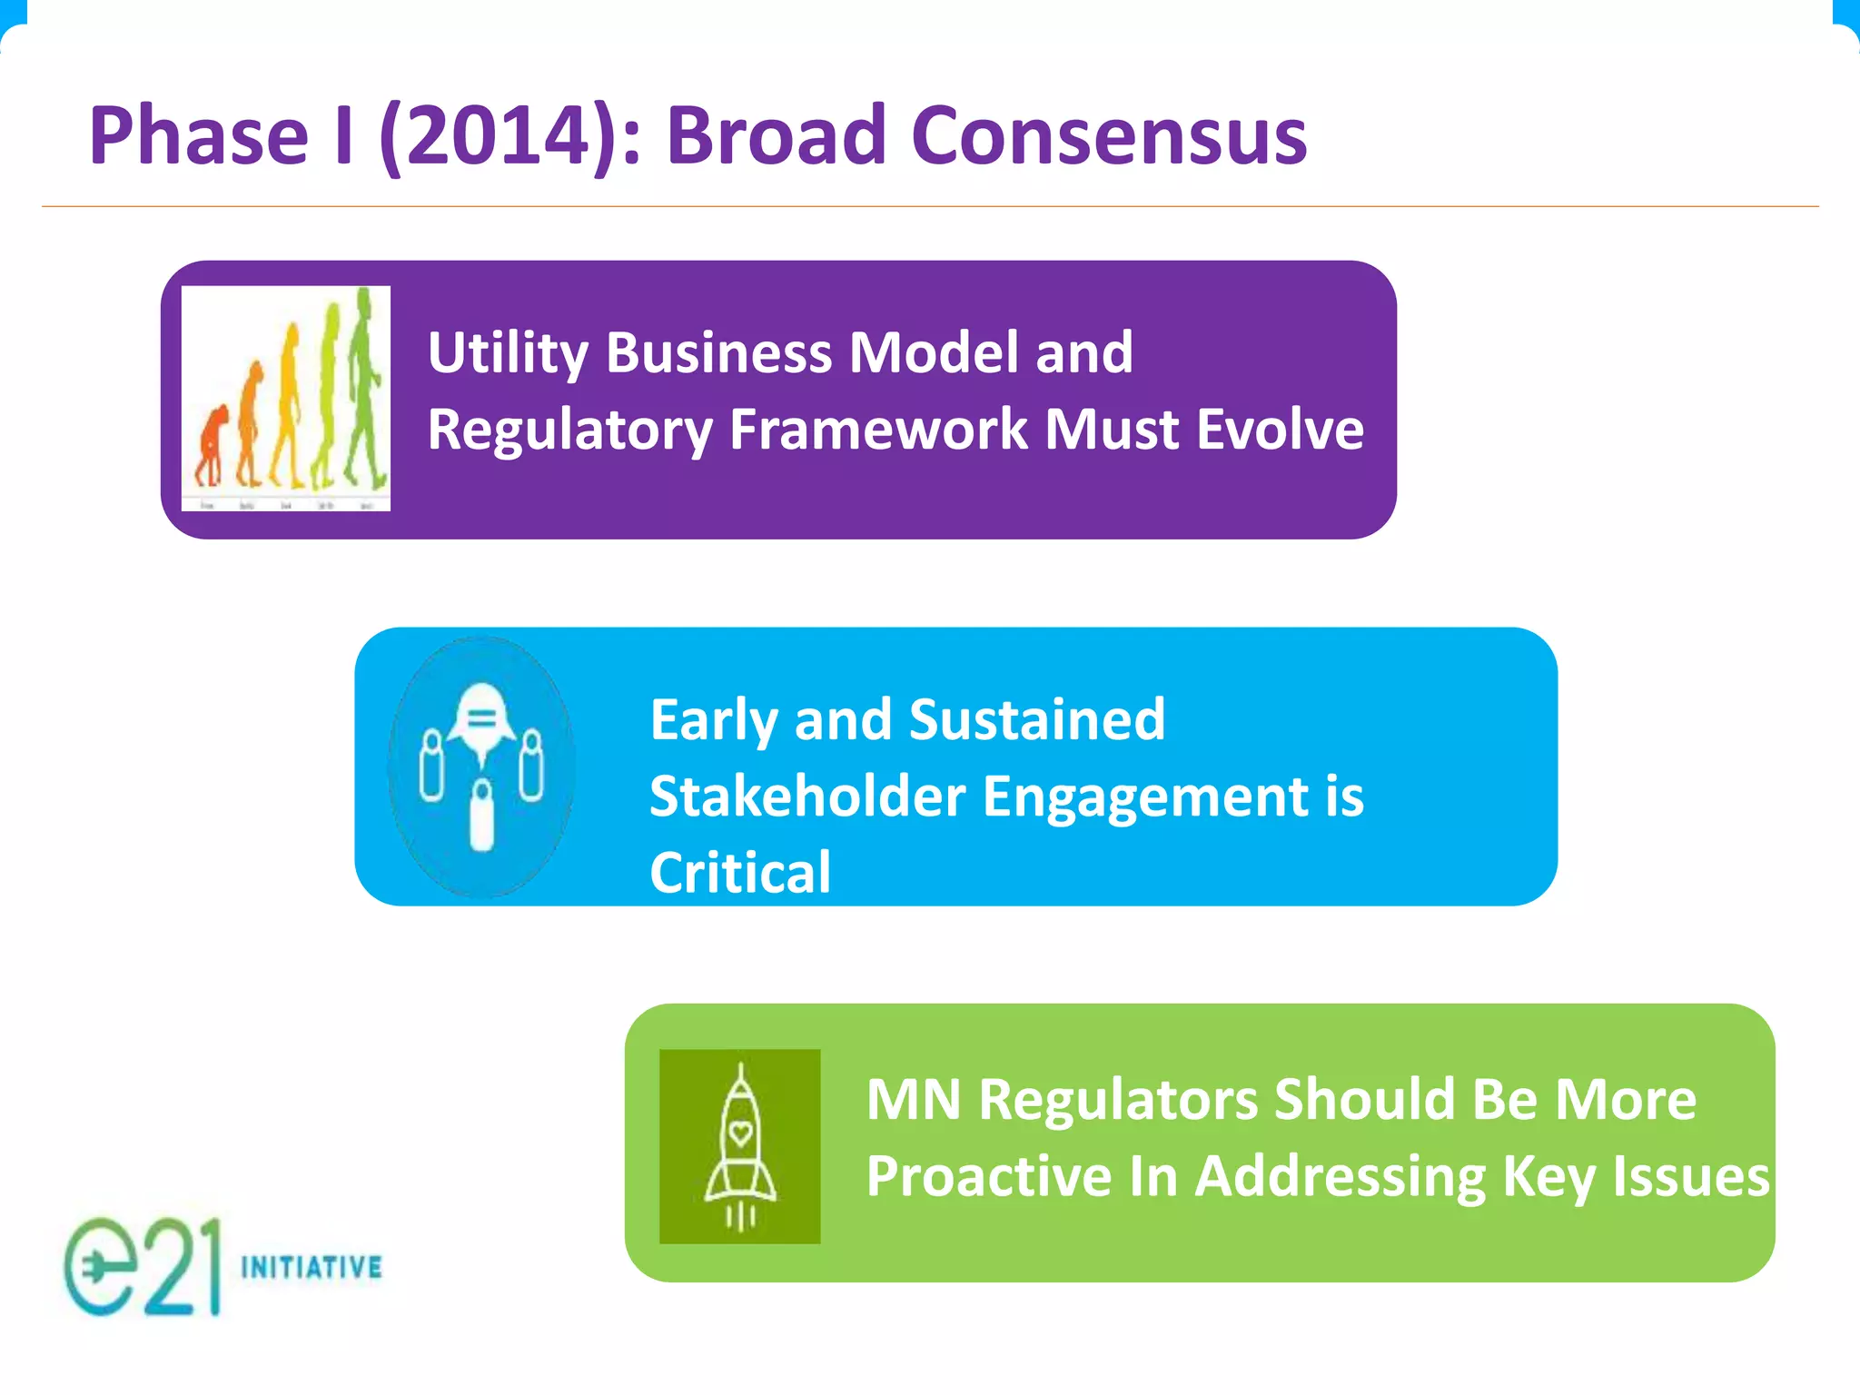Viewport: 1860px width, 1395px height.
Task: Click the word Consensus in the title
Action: [x=1108, y=136]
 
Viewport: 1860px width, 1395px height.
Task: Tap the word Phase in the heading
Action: [x=199, y=136]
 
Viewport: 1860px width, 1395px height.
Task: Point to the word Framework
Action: [x=878, y=429]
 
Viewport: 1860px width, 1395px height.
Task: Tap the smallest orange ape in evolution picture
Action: [x=210, y=445]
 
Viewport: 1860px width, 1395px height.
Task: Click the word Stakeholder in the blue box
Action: [x=807, y=796]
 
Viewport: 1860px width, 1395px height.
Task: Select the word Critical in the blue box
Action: [x=740, y=873]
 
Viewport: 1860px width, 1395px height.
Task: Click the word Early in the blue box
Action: [x=713, y=719]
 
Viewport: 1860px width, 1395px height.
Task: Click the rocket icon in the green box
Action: [x=740, y=1146]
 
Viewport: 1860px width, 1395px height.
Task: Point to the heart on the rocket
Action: [x=740, y=1133]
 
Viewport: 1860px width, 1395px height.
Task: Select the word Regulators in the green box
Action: [x=1118, y=1100]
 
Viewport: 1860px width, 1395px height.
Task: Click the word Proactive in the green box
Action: [x=989, y=1176]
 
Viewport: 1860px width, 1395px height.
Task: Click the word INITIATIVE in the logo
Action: [x=312, y=1267]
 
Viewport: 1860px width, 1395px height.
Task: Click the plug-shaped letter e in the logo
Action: [x=99, y=1267]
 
